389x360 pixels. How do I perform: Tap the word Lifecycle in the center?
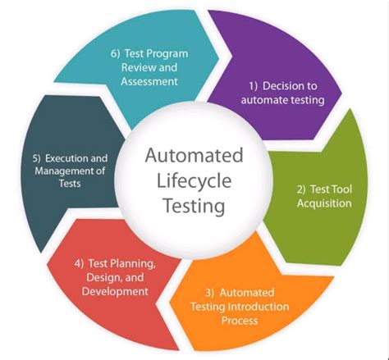(x=194, y=180)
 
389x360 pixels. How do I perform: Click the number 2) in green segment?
(x=301, y=189)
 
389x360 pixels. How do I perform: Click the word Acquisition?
(x=323, y=204)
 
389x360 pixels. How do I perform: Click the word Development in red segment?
(x=121, y=290)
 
